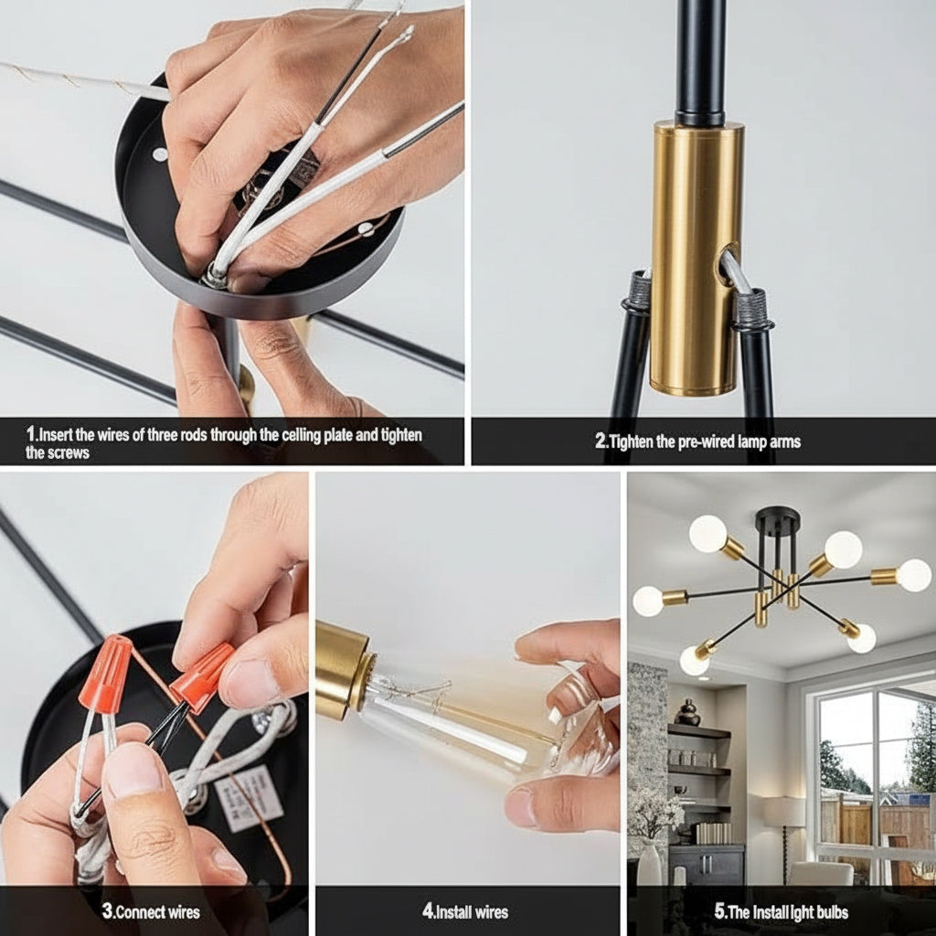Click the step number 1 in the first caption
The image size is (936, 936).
(x=30, y=434)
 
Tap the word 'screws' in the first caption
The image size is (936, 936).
(x=66, y=452)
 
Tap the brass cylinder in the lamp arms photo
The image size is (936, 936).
(x=696, y=257)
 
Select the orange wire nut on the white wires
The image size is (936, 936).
(x=105, y=674)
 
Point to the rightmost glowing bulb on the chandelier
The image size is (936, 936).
(x=914, y=575)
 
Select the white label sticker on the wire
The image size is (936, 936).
(x=249, y=799)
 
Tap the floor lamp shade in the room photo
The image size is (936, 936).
(x=783, y=812)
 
